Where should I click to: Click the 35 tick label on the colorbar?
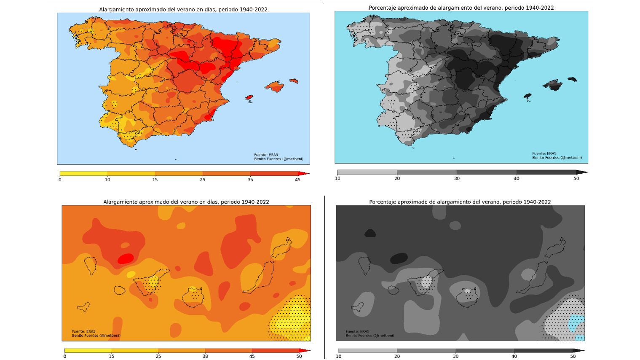coord(250,180)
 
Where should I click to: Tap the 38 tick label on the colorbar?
coord(205,356)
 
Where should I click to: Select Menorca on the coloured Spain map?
coord(294,81)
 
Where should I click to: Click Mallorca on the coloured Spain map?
coord(275,86)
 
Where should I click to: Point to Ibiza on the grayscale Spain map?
coord(527,97)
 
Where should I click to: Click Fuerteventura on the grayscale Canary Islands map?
coord(532,278)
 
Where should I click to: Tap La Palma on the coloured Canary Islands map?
coord(91,265)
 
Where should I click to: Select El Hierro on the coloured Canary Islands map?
coord(84,307)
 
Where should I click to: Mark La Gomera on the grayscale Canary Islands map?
coord(393,290)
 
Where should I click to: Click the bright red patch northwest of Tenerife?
coord(126,258)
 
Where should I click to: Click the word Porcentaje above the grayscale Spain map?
coord(383,8)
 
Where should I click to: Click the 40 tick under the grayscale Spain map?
coord(516,178)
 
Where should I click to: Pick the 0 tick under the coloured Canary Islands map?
coord(64,356)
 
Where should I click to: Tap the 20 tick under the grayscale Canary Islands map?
coord(397,356)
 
